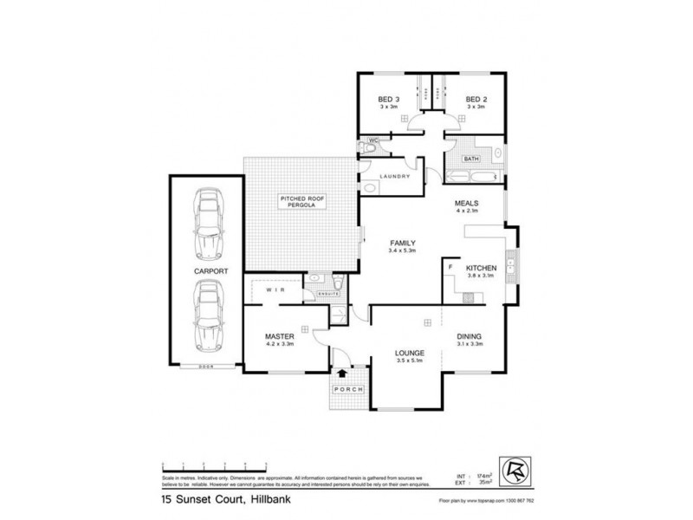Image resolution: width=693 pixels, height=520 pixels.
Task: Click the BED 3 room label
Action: [x=387, y=100]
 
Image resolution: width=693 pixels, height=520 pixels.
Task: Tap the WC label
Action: [x=373, y=140]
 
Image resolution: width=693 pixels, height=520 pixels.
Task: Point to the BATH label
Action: [x=471, y=159]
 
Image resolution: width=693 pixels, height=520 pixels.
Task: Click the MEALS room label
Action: [x=468, y=205]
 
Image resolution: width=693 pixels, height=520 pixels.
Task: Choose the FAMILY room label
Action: [x=403, y=243]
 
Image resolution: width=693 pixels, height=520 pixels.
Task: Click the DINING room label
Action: [x=469, y=336]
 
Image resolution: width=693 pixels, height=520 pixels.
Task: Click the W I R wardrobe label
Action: [x=275, y=289]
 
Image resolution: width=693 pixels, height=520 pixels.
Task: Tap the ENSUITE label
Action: [x=328, y=295]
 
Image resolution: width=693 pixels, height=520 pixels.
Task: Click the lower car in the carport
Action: [x=208, y=317]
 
